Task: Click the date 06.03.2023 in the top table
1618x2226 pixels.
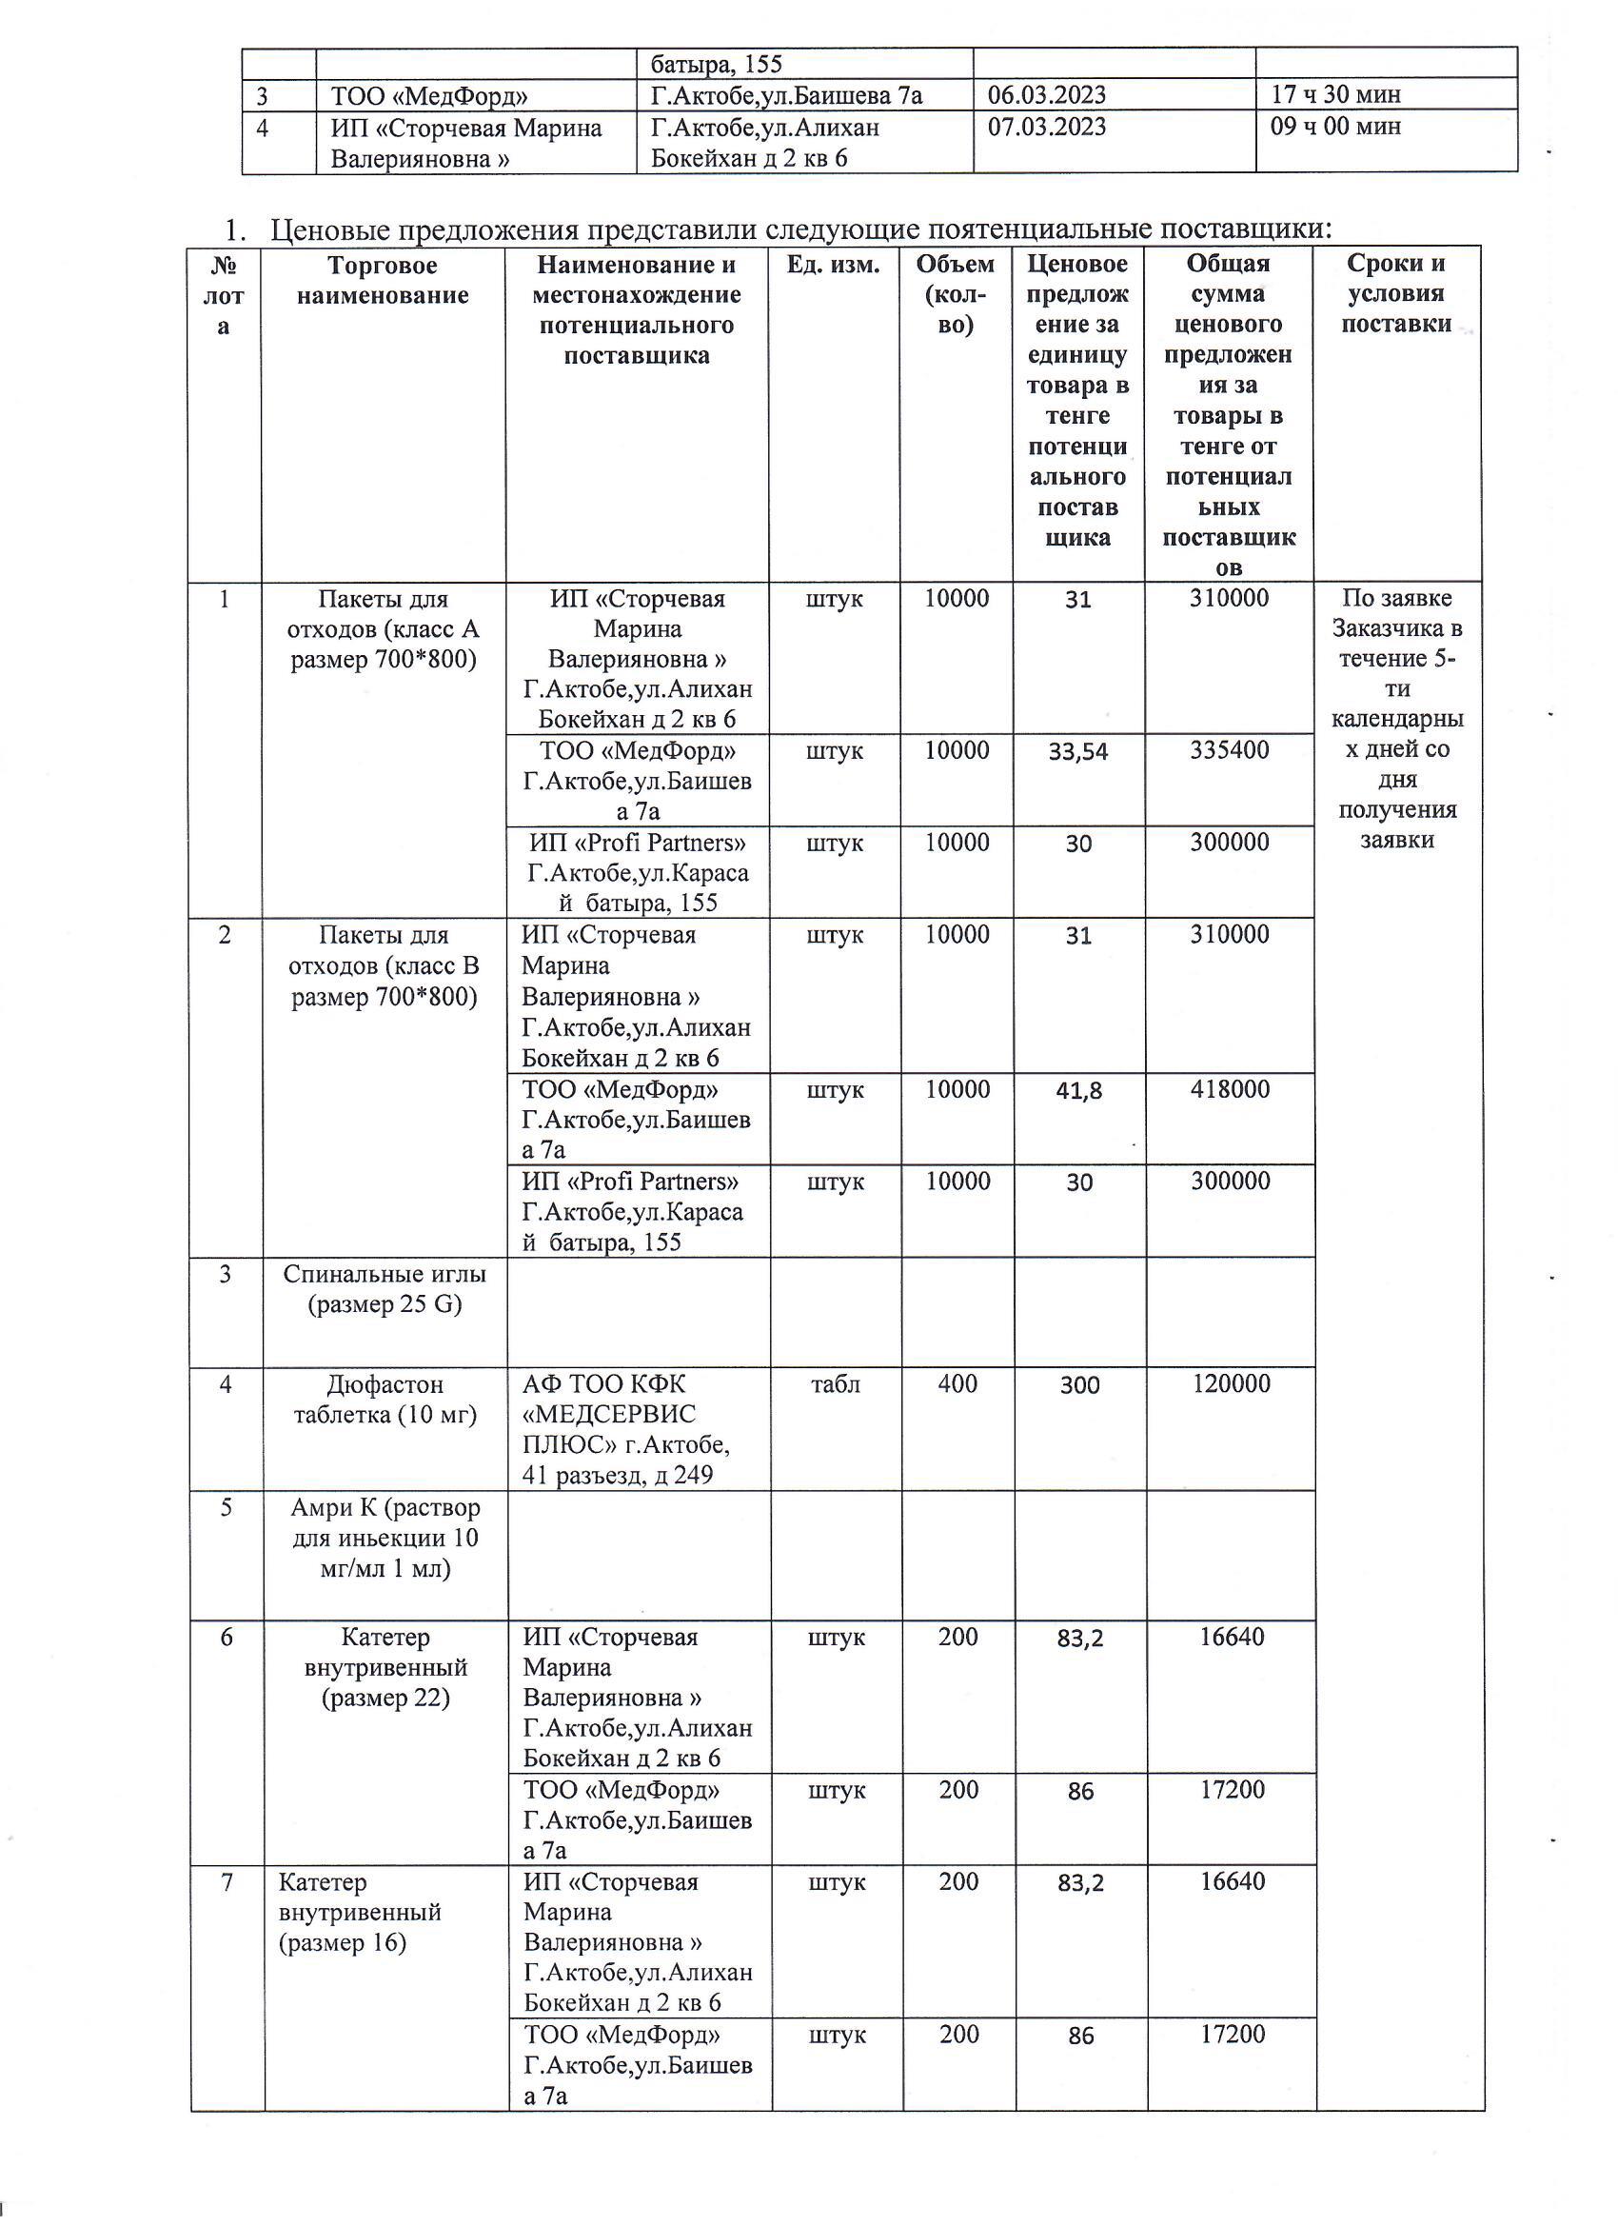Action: tap(1047, 95)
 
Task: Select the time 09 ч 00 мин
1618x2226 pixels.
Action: tap(1335, 127)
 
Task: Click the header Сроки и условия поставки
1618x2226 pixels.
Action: tap(1396, 293)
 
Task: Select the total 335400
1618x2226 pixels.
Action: tap(1230, 751)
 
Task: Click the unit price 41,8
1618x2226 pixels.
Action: tap(1079, 1090)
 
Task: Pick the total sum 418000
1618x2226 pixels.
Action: tap(1230, 1089)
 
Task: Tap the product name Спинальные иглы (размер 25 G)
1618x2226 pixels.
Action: tap(385, 1289)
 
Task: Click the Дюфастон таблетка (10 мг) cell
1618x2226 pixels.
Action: tap(385, 1400)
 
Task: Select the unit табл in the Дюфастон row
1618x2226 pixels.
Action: tap(835, 1384)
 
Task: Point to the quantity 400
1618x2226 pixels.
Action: tap(957, 1384)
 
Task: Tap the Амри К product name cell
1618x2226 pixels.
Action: tap(385, 1538)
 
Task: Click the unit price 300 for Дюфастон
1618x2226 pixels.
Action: tap(1079, 1385)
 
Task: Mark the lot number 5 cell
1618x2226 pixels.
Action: tap(226, 1507)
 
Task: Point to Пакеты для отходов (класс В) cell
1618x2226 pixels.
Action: tap(385, 966)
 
